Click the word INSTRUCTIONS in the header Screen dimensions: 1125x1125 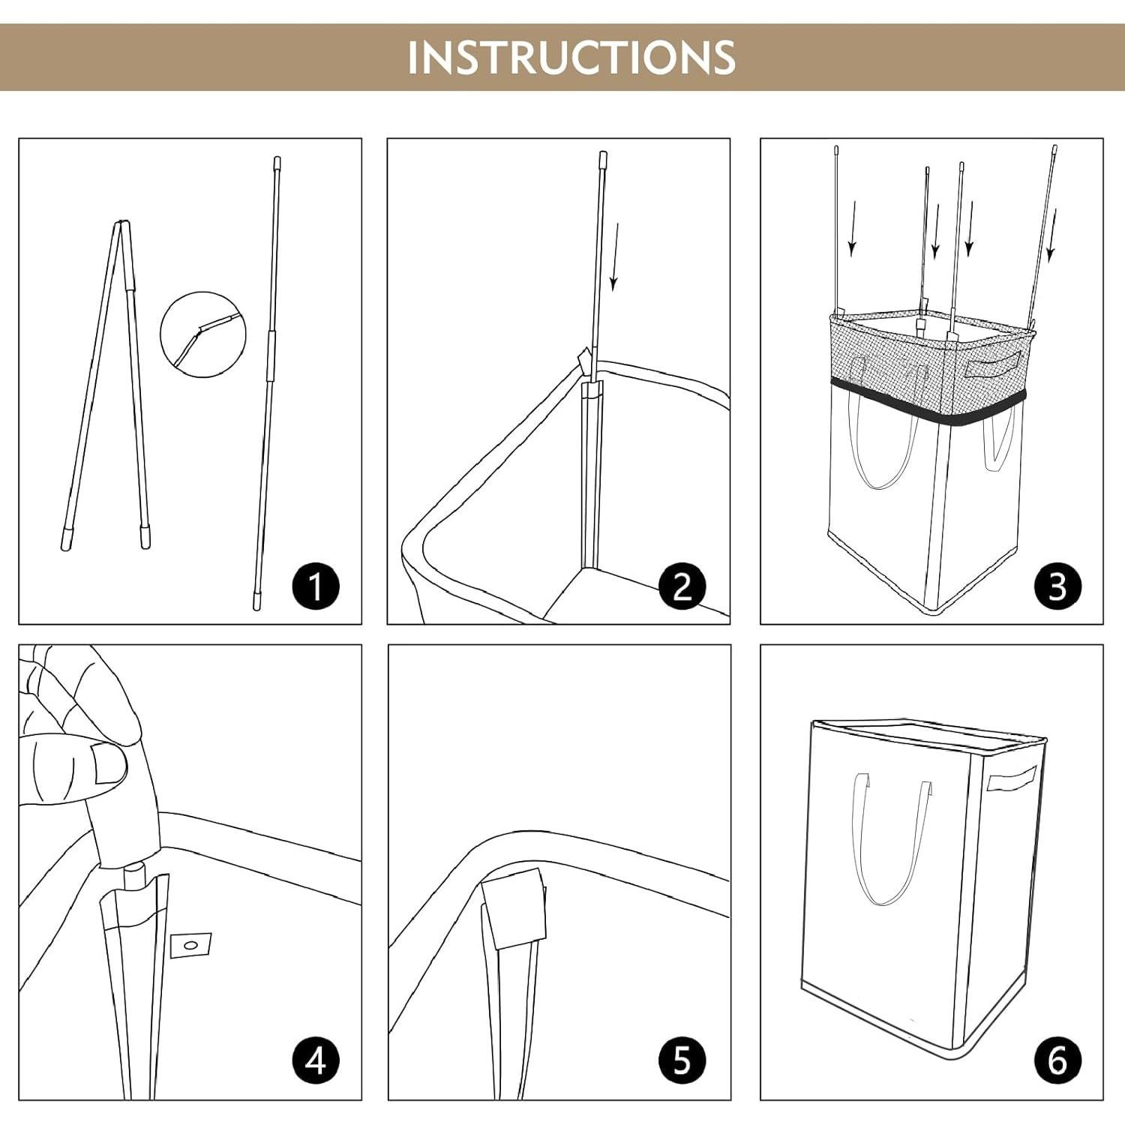coord(571,57)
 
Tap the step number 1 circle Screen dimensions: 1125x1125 coord(316,585)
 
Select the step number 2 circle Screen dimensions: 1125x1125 coord(682,585)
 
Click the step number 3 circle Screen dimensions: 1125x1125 coord(1057,585)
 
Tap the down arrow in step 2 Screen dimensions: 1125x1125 coord(615,256)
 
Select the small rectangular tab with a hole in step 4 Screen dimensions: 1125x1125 coord(190,946)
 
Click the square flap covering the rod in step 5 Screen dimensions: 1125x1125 coord(514,909)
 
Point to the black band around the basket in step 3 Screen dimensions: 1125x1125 coord(928,401)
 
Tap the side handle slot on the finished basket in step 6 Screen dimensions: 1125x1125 coord(1012,779)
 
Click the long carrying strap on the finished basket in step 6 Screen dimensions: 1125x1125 coord(892,840)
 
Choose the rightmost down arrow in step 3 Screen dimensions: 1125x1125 coord(1051,235)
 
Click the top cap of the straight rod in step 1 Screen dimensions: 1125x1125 coord(277,162)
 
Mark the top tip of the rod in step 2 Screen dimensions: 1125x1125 coord(602,153)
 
